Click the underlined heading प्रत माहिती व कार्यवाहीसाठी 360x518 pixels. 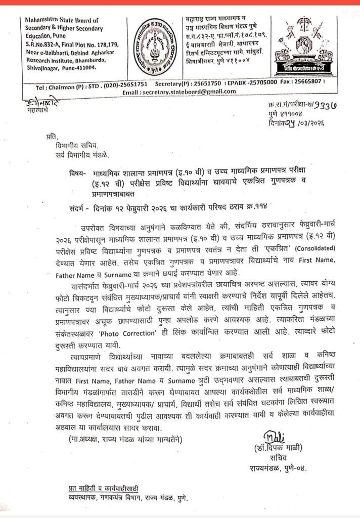click(x=106, y=488)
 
